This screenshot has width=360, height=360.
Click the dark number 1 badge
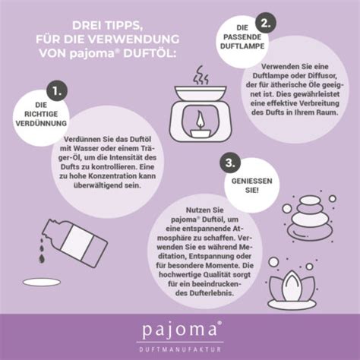click(57, 91)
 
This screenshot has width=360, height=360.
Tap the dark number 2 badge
click(265, 24)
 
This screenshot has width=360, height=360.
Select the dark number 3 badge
click(230, 163)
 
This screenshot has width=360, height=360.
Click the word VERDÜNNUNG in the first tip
click(41, 123)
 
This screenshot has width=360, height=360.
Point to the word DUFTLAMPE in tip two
click(242, 46)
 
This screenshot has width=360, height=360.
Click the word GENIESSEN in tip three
click(251, 181)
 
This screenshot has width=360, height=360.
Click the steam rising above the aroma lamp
click(201, 75)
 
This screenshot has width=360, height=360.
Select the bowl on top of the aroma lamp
click(201, 93)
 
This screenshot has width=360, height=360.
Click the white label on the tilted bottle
click(77, 239)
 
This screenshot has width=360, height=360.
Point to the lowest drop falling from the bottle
click(42, 258)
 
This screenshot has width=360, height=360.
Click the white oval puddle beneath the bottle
click(42, 282)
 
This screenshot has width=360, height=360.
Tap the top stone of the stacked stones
click(311, 200)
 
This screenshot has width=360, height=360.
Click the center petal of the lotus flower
click(292, 286)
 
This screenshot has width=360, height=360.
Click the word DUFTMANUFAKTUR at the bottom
click(180, 349)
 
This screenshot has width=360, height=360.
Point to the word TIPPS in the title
click(122, 26)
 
